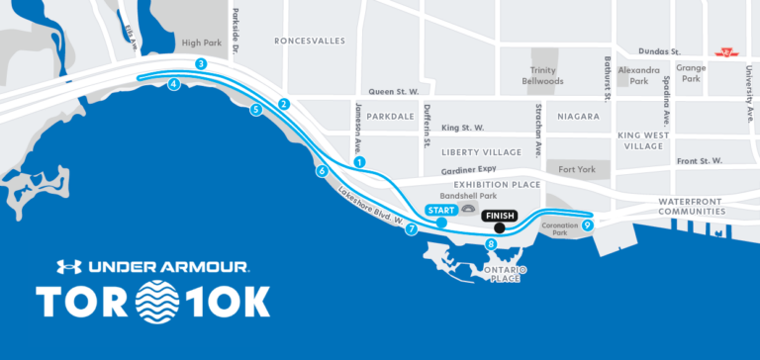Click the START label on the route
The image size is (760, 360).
coord(440,210)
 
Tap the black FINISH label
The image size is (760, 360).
coord(501,214)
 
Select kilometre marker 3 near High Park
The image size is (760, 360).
coord(201,64)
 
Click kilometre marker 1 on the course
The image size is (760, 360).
coord(359,161)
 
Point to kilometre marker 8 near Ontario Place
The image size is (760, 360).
coord(491,244)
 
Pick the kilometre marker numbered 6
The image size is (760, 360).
coord(322,171)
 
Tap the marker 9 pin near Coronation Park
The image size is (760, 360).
coord(588,225)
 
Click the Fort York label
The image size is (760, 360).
coord(577,170)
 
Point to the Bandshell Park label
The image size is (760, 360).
coord(466,196)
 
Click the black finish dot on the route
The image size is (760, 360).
coord(500,228)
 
